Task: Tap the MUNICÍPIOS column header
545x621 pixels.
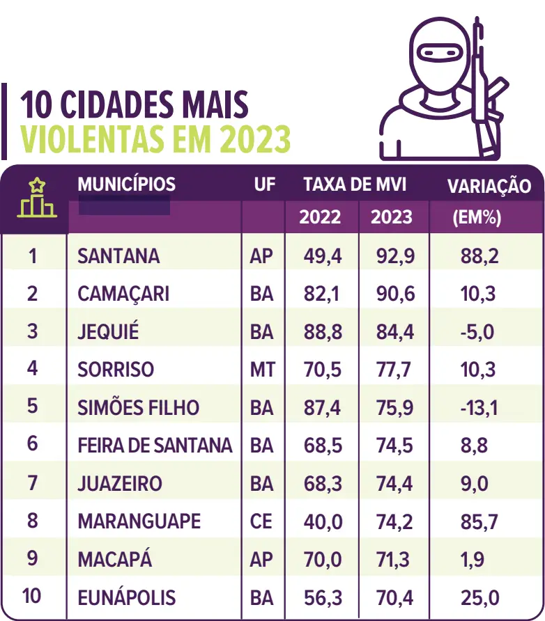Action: (x=126, y=184)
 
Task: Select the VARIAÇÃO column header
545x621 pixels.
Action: (x=489, y=186)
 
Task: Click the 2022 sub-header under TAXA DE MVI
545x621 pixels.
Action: (x=320, y=217)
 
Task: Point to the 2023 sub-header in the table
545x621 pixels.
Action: (x=391, y=217)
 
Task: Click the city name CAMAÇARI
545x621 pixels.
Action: (x=123, y=294)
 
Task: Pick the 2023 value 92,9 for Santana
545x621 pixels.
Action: (x=394, y=256)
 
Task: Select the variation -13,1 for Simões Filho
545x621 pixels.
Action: (x=479, y=407)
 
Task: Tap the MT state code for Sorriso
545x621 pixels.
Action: (x=262, y=369)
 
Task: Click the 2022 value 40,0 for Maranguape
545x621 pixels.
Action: (x=323, y=521)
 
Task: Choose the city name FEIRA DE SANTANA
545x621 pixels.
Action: (x=155, y=446)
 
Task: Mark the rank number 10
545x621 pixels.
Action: (x=32, y=597)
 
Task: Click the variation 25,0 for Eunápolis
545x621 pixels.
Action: (x=479, y=597)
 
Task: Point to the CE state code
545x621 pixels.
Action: (x=261, y=521)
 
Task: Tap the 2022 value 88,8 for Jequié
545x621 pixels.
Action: (x=323, y=331)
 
